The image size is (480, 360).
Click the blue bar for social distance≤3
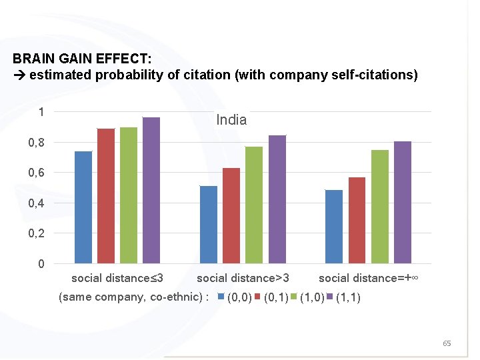[83, 207]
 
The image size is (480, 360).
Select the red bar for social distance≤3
[106, 196]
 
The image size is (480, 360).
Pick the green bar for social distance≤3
[129, 195]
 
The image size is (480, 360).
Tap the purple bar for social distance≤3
[151, 190]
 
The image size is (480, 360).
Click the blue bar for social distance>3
[209, 225]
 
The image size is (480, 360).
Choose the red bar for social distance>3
[231, 215]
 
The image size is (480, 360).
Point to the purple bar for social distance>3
[277, 199]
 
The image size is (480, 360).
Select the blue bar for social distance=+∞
[334, 227]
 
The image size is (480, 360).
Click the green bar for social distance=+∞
[379, 207]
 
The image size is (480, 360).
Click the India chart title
[231, 120]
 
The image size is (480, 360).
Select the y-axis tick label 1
[41, 112]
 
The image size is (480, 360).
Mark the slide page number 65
[447, 343]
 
